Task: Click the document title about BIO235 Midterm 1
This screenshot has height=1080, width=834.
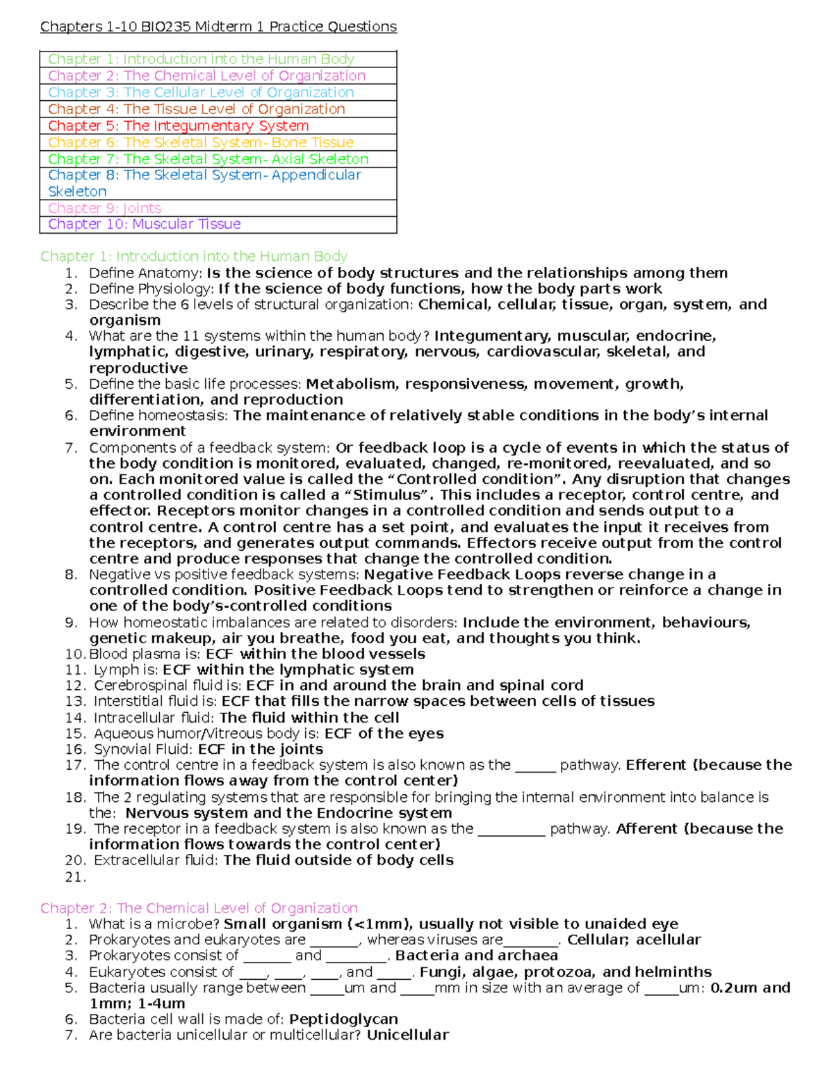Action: pyautogui.click(x=218, y=26)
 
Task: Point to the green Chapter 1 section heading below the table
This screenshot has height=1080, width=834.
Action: pyautogui.click(x=193, y=256)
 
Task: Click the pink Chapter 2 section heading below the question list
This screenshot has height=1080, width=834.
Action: pyautogui.click(x=199, y=908)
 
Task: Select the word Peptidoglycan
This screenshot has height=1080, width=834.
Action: pyautogui.click(x=343, y=1019)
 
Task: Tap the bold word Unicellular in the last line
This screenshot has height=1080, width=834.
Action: pyautogui.click(x=407, y=1035)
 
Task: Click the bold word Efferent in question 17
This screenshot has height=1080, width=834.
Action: pyautogui.click(x=655, y=765)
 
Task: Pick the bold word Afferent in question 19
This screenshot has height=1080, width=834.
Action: pyautogui.click(x=646, y=828)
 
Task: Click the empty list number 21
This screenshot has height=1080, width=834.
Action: pyautogui.click(x=74, y=877)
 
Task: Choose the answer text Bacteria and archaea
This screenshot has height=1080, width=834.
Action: pyautogui.click(x=477, y=956)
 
